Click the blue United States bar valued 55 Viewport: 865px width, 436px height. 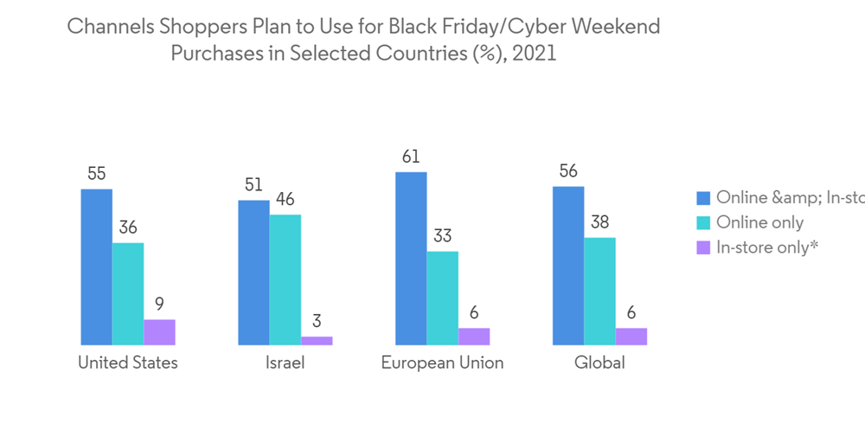coord(96,266)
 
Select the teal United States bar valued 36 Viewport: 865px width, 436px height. coord(128,294)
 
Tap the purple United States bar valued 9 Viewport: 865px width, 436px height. coord(159,332)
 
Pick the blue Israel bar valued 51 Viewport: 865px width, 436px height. coord(253,272)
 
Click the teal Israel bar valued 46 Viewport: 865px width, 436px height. coord(285,279)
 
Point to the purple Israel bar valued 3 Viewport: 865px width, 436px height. coord(317,341)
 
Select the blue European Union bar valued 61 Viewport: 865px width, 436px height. coord(411,259)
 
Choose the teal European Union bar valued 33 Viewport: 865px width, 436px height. coord(442,298)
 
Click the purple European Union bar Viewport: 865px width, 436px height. coord(474,337)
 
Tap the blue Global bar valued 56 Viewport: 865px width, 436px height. coord(568,266)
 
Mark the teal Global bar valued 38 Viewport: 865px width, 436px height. coord(599,292)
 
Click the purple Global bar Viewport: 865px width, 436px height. coord(631,337)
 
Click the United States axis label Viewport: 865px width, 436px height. coord(128,362)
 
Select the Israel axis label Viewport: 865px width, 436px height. coord(285,362)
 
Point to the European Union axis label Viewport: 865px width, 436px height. coord(442,362)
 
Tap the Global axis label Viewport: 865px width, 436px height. coord(599,362)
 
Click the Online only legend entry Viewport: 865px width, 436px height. coord(759,222)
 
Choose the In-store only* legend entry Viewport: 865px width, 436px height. coord(766,247)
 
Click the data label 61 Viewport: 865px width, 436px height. coord(411,157)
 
